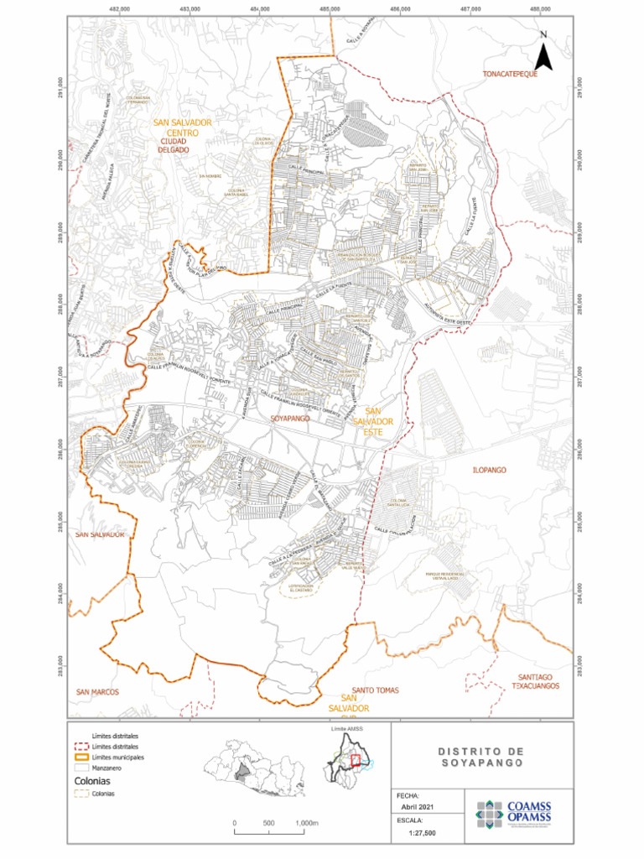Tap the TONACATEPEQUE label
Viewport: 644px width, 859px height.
click(508, 75)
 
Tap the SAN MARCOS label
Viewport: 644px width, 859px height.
click(98, 692)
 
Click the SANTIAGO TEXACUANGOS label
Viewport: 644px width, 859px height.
click(536, 680)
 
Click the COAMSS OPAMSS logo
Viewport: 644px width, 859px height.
click(514, 813)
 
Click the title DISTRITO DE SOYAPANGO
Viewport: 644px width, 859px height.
click(480, 757)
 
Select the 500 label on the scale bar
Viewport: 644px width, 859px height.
click(268, 823)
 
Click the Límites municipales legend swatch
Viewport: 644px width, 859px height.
click(80, 757)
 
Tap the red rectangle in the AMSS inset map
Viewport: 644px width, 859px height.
click(355, 760)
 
